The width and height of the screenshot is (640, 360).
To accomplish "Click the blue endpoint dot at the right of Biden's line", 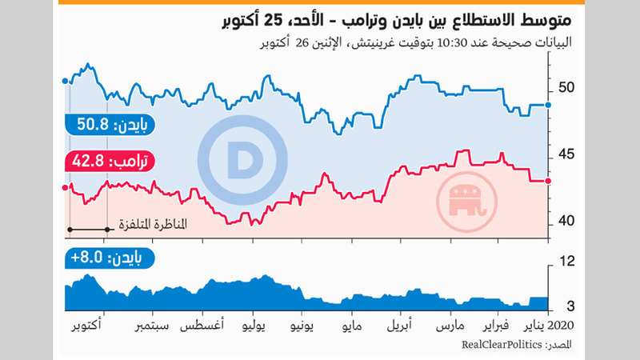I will click(547, 105).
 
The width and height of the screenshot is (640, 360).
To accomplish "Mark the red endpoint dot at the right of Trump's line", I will click(547, 181).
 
